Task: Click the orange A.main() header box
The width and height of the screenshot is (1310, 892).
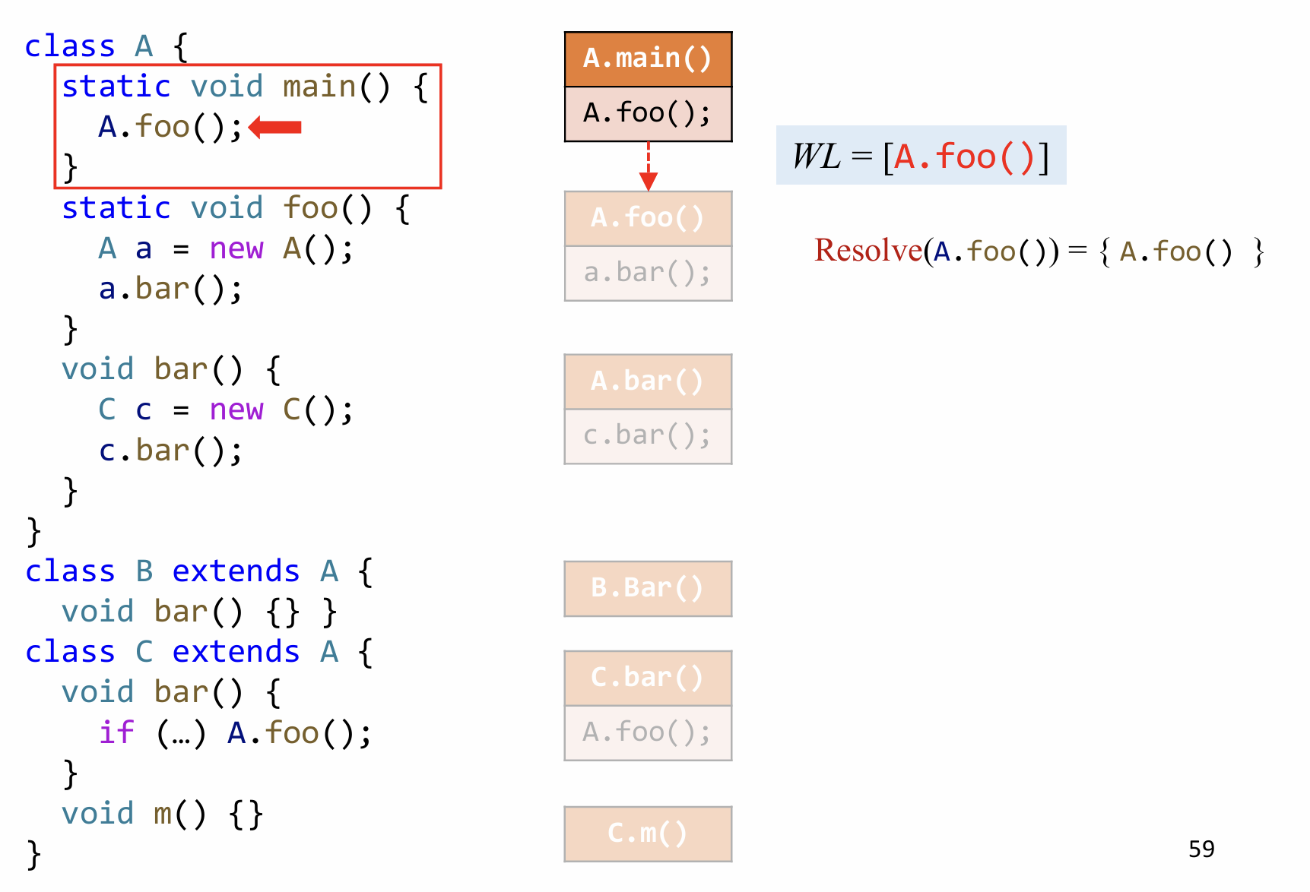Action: [x=648, y=59]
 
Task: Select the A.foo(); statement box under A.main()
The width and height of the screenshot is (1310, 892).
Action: [x=648, y=114]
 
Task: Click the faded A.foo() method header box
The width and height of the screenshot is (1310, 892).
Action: [x=648, y=219]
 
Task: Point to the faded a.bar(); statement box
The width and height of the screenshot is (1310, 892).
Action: [x=648, y=274]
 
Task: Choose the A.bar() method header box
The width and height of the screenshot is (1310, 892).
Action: [x=648, y=381]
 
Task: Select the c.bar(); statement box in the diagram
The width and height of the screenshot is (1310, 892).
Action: [x=648, y=436]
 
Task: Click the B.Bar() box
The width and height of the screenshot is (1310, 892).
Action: [x=648, y=589]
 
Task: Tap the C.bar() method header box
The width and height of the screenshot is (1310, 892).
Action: [x=648, y=678]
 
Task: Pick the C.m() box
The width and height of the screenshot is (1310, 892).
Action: [x=648, y=833]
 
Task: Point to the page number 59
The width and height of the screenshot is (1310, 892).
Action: [x=1201, y=849]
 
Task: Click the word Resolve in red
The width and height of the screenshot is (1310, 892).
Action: [x=868, y=250]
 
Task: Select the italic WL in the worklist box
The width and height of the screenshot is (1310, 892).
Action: [x=816, y=157]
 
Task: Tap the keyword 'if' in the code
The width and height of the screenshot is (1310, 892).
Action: [x=116, y=733]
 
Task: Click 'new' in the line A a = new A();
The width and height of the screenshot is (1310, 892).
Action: [x=236, y=248]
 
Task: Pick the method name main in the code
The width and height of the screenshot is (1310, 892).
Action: [x=319, y=87]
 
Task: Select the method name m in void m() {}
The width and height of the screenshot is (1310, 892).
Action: [x=163, y=814]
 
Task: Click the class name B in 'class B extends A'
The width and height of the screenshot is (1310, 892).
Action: [x=144, y=571]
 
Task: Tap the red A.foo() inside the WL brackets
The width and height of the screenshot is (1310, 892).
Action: [x=964, y=157]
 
